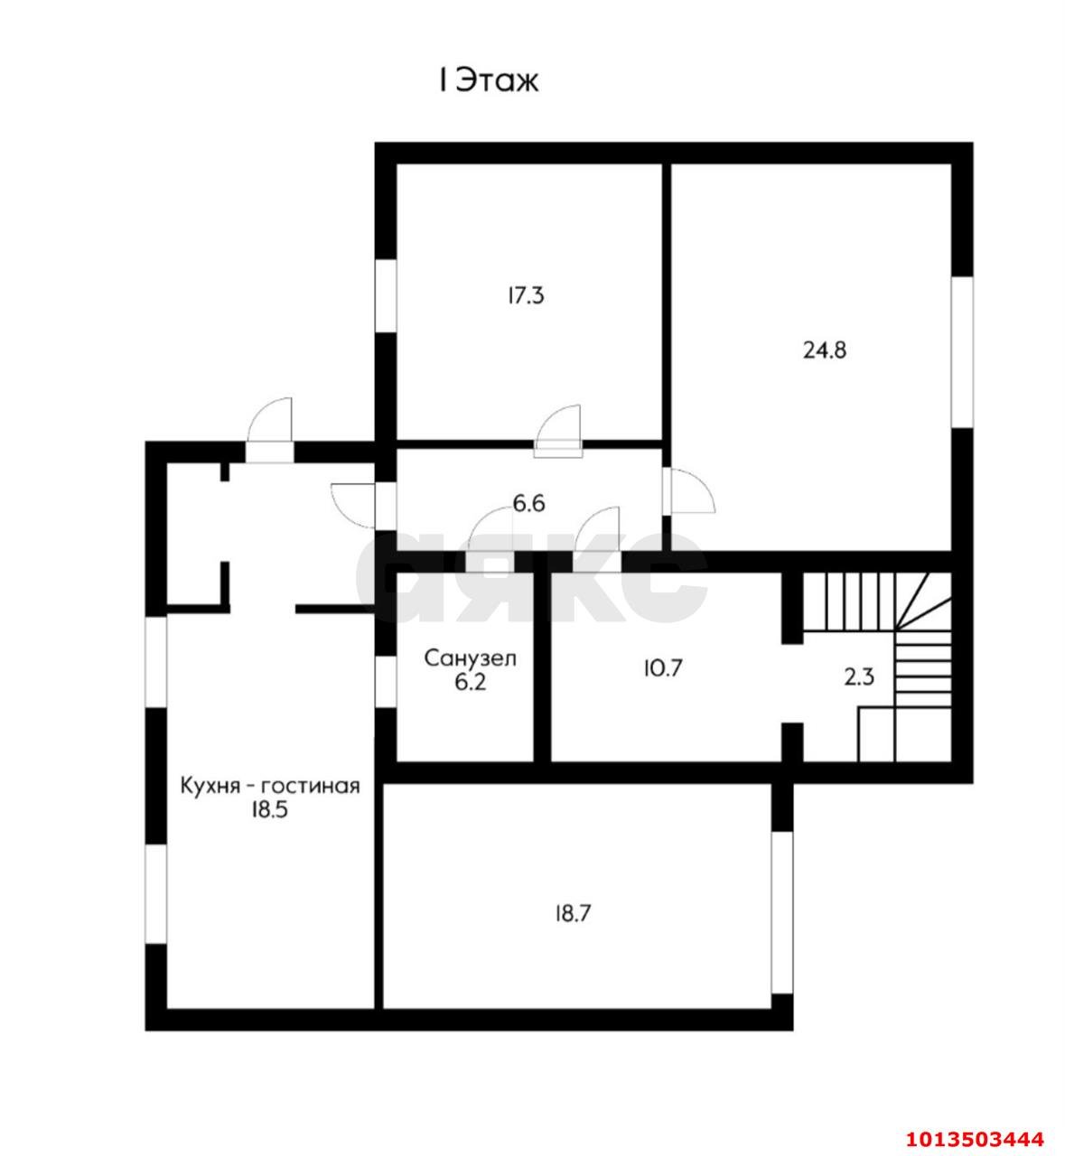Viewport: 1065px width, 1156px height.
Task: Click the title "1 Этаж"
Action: (489, 82)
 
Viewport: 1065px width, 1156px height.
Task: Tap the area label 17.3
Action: (526, 296)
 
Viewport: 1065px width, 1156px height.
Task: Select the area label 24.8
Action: (825, 350)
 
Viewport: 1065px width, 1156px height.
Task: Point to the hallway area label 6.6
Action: (528, 504)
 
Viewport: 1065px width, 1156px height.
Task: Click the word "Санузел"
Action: (471, 658)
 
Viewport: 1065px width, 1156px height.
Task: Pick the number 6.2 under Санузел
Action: (470, 683)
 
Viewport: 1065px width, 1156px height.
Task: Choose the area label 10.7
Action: (663, 668)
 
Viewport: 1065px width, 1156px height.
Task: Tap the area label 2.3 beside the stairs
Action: (859, 677)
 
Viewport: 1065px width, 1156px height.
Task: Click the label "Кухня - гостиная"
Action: (270, 786)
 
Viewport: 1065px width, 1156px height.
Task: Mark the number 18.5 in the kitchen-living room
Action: (270, 810)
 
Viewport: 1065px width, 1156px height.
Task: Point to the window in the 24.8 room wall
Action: (962, 352)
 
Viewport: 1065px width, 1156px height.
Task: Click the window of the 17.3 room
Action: (386, 295)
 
